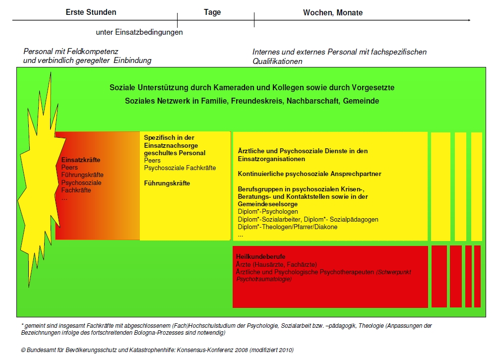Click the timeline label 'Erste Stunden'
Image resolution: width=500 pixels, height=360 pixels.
[x=91, y=12]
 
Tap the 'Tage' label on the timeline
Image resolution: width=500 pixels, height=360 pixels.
[x=212, y=12]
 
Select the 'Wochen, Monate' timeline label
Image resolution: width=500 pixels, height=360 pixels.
[x=333, y=12]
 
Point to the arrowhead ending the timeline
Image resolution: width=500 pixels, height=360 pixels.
[x=469, y=20]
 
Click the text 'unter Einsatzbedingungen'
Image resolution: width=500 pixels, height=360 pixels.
[x=139, y=33]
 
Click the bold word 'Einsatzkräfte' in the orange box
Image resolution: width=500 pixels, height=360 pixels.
[x=81, y=160]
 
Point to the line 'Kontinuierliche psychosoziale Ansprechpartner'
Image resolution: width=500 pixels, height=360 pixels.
[x=310, y=174]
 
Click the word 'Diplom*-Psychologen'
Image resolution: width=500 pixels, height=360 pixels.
[x=268, y=212]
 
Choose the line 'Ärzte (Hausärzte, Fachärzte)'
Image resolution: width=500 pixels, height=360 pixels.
[x=277, y=264]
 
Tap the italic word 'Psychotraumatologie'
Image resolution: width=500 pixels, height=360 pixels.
[x=264, y=279]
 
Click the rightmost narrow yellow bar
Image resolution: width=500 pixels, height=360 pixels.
[x=476, y=186]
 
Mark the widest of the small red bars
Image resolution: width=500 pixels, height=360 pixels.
[x=439, y=276]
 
